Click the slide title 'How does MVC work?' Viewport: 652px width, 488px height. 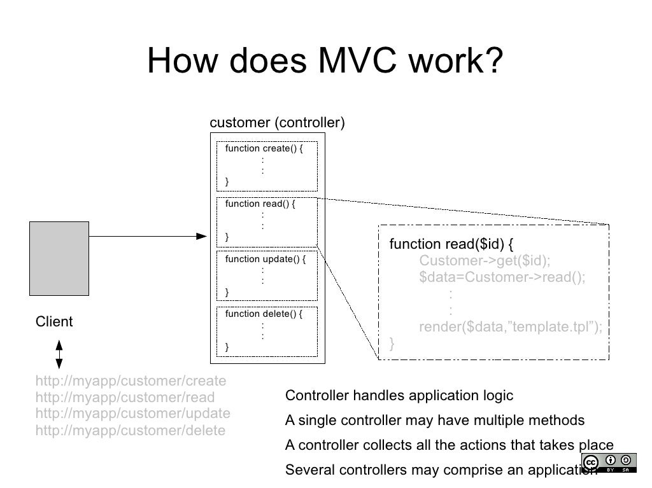point(325,62)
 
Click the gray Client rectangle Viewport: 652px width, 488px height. point(59,258)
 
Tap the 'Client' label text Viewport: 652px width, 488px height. point(54,322)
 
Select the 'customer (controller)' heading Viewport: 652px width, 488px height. point(277,122)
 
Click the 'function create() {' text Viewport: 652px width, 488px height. point(264,149)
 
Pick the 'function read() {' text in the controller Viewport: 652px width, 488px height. point(260,204)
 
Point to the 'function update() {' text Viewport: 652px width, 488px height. point(266,259)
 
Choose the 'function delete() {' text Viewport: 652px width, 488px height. point(264,314)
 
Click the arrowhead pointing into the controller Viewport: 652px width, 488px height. point(202,236)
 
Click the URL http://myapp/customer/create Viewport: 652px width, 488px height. point(131,381)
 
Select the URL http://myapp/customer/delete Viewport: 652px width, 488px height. point(131,431)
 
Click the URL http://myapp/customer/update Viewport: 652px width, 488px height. point(132,414)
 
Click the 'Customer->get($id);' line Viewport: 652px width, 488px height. point(485,261)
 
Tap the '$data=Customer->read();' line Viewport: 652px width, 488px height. point(502,277)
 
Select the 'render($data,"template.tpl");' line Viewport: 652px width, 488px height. point(510,327)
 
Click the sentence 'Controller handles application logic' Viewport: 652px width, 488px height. point(399,396)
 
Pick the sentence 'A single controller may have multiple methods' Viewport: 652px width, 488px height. point(434,421)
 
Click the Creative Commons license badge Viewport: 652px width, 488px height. point(607,462)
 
